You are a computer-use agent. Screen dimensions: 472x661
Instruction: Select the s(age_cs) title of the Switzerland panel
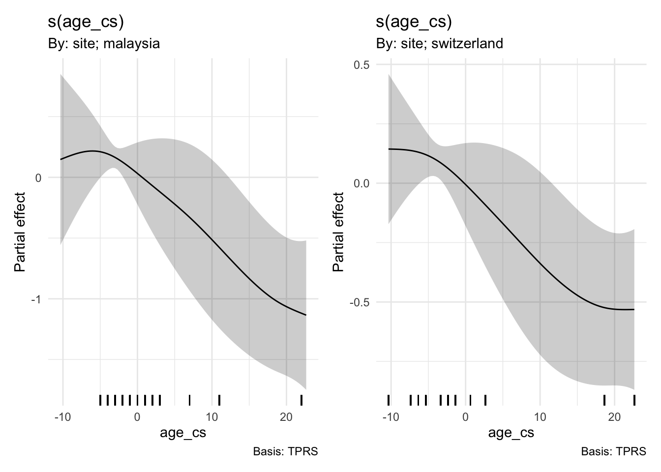[414, 22]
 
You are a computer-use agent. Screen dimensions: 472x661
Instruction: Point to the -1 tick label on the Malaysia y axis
[36, 299]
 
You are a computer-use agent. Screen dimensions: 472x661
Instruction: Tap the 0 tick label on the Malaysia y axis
[38, 177]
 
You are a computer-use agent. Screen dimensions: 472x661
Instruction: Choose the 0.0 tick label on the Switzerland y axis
[362, 183]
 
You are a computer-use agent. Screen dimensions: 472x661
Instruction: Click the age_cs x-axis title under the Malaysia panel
[183, 433]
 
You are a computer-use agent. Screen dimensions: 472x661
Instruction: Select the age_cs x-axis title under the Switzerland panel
[511, 433]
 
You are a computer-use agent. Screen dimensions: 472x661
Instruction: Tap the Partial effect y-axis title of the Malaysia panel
[20, 232]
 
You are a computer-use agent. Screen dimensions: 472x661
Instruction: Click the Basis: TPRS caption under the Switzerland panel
[613, 451]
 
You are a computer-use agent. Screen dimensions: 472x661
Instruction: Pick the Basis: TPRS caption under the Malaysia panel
[285, 451]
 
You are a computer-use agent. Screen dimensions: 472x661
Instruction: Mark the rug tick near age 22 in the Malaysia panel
[301, 400]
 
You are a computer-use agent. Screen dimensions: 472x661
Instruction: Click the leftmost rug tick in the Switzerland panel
[389, 400]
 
